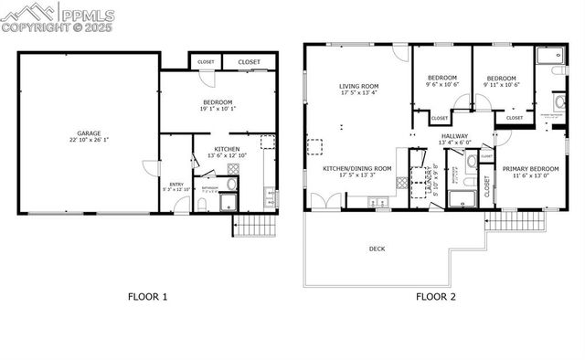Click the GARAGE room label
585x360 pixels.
pyautogui.click(x=89, y=133)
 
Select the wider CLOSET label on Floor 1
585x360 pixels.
pyautogui.click(x=249, y=62)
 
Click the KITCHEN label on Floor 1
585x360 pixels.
pyautogui.click(x=228, y=148)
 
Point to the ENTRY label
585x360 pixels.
pyautogui.click(x=177, y=184)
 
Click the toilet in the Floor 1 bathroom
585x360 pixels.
pyautogui.click(x=202, y=205)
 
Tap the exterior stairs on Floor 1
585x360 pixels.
pyautogui.click(x=255, y=226)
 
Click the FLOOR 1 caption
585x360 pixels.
pyautogui.click(x=146, y=296)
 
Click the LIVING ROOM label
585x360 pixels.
pyautogui.click(x=359, y=86)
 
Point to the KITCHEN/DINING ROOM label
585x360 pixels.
pyautogui.click(x=357, y=169)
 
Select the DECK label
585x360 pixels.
pyautogui.click(x=377, y=249)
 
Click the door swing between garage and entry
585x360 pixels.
pyautogui.click(x=150, y=170)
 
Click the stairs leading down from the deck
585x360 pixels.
pyautogui.click(x=517, y=220)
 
